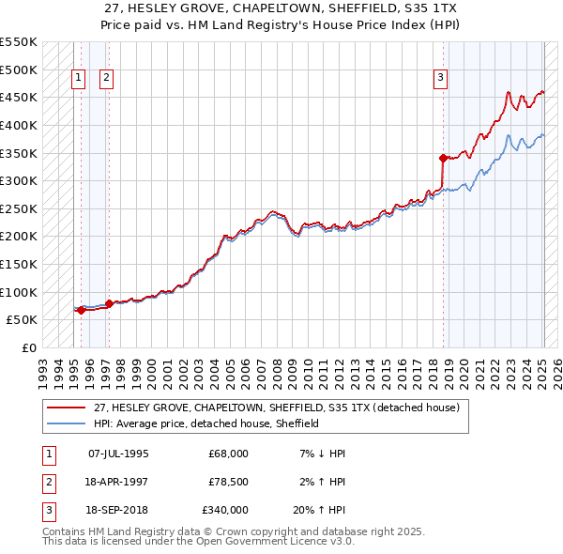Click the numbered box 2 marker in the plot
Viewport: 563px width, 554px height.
pos(106,79)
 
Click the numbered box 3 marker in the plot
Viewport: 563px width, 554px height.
pos(440,79)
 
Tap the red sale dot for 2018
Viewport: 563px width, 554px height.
pos(443,158)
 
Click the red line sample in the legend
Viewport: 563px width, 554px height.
pos(67,408)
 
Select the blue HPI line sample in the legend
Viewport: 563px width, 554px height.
pos(67,423)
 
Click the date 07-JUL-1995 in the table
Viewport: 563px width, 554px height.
pos(118,454)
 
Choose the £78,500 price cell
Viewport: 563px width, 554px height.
pos(228,482)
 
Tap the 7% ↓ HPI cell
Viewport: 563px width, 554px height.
pos(321,454)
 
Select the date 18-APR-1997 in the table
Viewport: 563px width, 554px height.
pos(118,482)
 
